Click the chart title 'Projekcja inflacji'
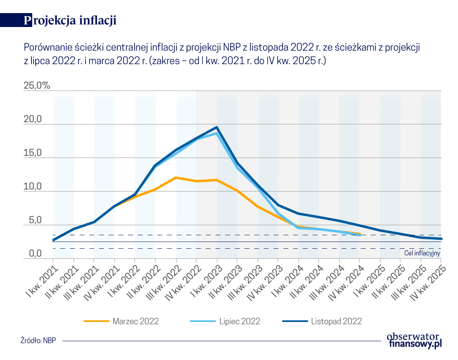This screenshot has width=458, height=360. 70,20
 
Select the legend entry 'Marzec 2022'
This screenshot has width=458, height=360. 135,321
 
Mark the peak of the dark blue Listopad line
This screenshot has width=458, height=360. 217,127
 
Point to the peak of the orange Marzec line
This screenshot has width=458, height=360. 176,178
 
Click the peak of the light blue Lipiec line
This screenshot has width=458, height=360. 217,133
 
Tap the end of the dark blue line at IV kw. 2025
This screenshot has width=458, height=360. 441,239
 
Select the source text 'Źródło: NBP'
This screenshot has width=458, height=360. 38,340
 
